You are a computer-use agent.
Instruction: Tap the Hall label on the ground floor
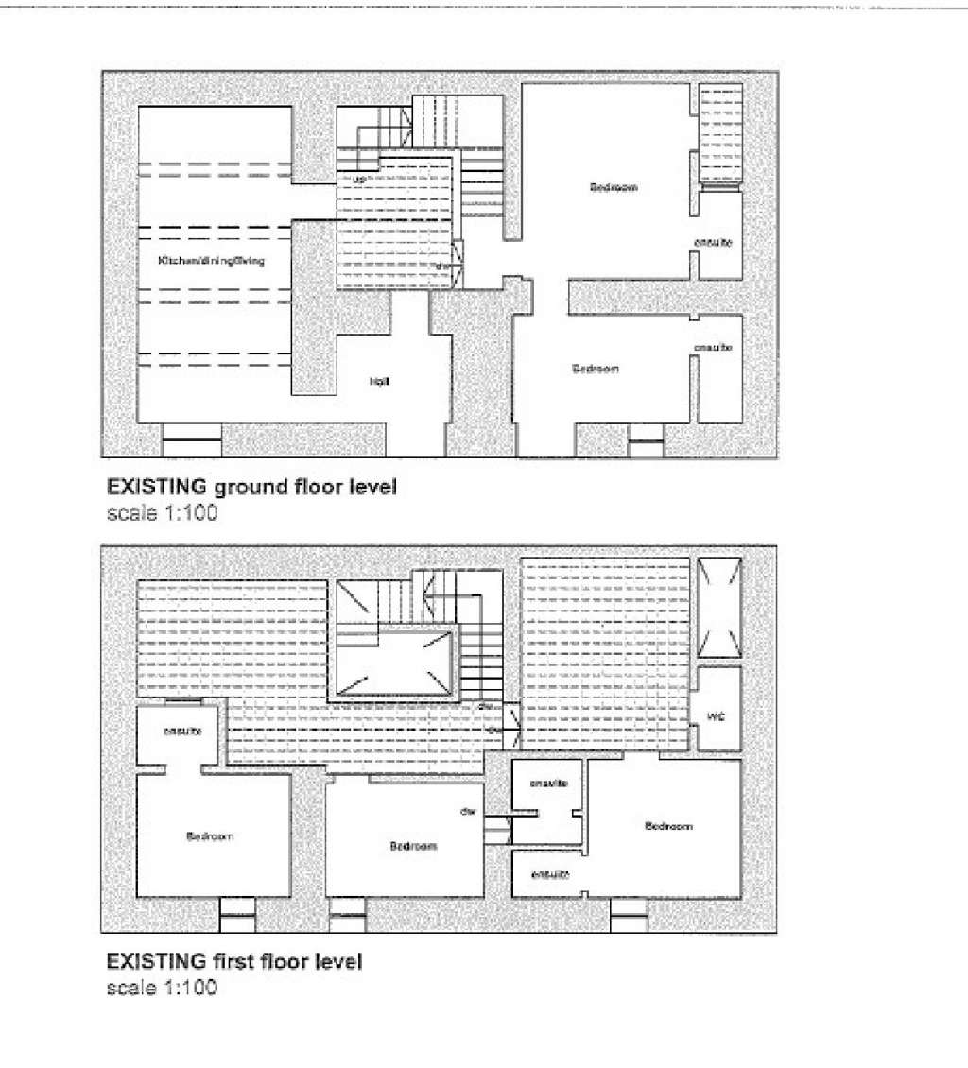pyautogui.click(x=379, y=381)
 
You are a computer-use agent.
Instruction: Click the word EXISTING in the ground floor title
pyautogui.click(x=157, y=489)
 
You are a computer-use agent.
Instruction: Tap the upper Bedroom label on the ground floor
pyautogui.click(x=614, y=188)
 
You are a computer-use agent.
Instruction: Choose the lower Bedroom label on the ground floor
pyautogui.click(x=596, y=369)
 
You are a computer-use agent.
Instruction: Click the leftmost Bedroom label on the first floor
pyautogui.click(x=209, y=836)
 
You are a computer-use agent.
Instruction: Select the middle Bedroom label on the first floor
pyautogui.click(x=413, y=846)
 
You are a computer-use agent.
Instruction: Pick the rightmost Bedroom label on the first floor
pyautogui.click(x=668, y=826)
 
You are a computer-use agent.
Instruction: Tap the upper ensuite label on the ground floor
pyautogui.click(x=713, y=243)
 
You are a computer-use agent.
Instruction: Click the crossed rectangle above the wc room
pyautogui.click(x=718, y=607)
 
